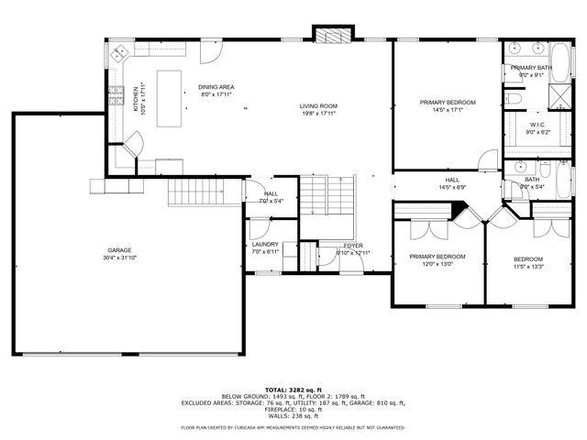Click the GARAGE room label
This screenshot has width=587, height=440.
point(119,250)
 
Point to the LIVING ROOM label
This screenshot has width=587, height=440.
point(318,106)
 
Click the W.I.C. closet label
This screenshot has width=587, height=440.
point(537,125)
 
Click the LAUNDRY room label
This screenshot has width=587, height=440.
point(265,245)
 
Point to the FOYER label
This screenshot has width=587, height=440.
point(353,246)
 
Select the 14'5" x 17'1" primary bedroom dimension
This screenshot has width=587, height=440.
point(441,109)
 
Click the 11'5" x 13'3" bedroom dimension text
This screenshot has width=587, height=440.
point(528,267)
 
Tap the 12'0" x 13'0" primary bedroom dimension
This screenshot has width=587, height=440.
point(437,264)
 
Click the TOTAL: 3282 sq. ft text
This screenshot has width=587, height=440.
point(293,390)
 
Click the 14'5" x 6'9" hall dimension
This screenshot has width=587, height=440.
point(452,187)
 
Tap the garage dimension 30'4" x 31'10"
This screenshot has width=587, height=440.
point(119,258)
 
